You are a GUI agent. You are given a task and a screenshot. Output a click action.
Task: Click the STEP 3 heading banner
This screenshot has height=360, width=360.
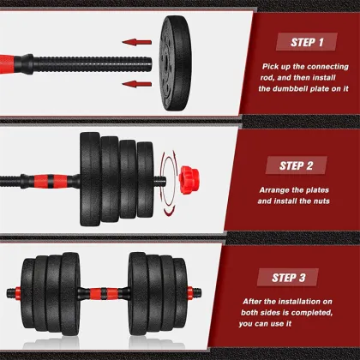pos(294,277)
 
